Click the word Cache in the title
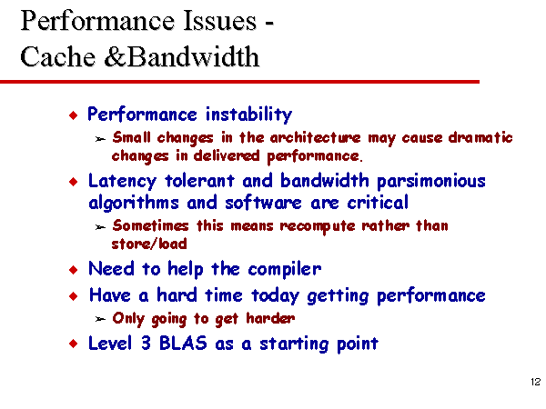[x=58, y=56]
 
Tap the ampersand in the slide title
[x=115, y=56]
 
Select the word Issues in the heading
[x=219, y=21]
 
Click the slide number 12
[x=536, y=382]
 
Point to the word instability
[x=248, y=115]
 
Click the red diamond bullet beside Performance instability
[x=74, y=115]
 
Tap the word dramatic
[x=480, y=137]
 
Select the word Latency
[x=122, y=181]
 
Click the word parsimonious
[x=431, y=181]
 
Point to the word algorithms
[x=134, y=203]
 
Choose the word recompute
[x=317, y=226]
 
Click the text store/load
[x=149, y=244]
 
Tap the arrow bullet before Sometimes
[x=100, y=227]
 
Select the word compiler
[x=285, y=270]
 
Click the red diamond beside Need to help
[x=74, y=270]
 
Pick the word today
[x=275, y=296]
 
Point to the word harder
[x=270, y=318]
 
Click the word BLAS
[x=183, y=344]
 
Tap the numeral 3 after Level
[x=146, y=344]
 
